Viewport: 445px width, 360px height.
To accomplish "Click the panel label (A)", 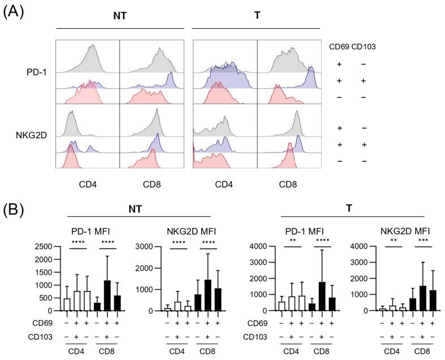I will click(13, 12).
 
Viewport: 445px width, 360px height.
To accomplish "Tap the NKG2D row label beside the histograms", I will click(35, 136).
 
